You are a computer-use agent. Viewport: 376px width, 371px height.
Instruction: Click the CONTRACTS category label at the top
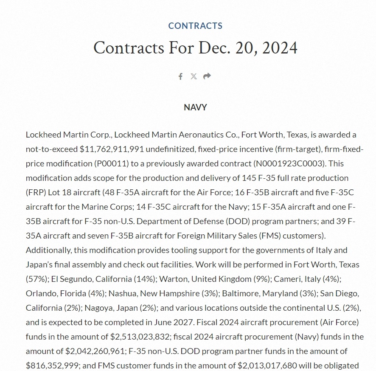pos(195,26)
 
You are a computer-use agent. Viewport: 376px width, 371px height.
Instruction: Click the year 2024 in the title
pos(280,48)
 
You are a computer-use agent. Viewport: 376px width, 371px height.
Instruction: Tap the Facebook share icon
pos(180,76)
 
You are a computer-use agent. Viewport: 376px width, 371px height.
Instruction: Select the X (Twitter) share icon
pos(194,76)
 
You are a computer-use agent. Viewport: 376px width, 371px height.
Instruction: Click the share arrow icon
pos(207,76)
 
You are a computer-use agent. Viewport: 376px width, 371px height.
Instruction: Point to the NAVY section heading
pos(195,107)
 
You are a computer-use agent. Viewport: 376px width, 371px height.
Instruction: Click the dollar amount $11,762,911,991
pos(112,149)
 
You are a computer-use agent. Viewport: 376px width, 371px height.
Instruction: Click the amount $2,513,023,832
pos(139,337)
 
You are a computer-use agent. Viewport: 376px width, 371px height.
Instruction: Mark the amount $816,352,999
pos(51,365)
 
